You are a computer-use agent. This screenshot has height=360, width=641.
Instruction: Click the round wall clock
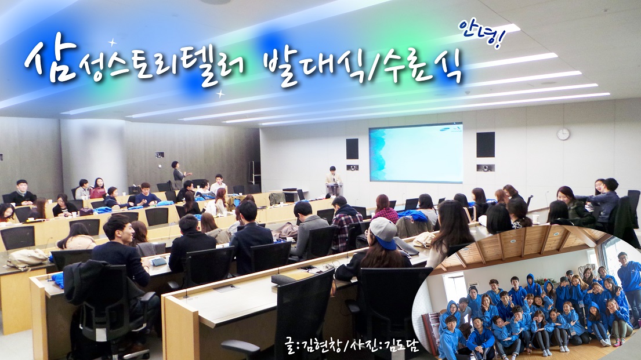[x=563, y=134]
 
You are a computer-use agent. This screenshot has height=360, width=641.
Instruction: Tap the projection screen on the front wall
[x=415, y=152]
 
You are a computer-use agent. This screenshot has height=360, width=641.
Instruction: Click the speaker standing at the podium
[x=333, y=177]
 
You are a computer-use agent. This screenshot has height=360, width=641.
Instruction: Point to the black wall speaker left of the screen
[x=352, y=148]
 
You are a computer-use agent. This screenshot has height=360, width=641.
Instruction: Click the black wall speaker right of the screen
[x=485, y=144]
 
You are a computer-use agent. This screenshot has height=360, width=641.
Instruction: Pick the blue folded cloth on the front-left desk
[x=57, y=278]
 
